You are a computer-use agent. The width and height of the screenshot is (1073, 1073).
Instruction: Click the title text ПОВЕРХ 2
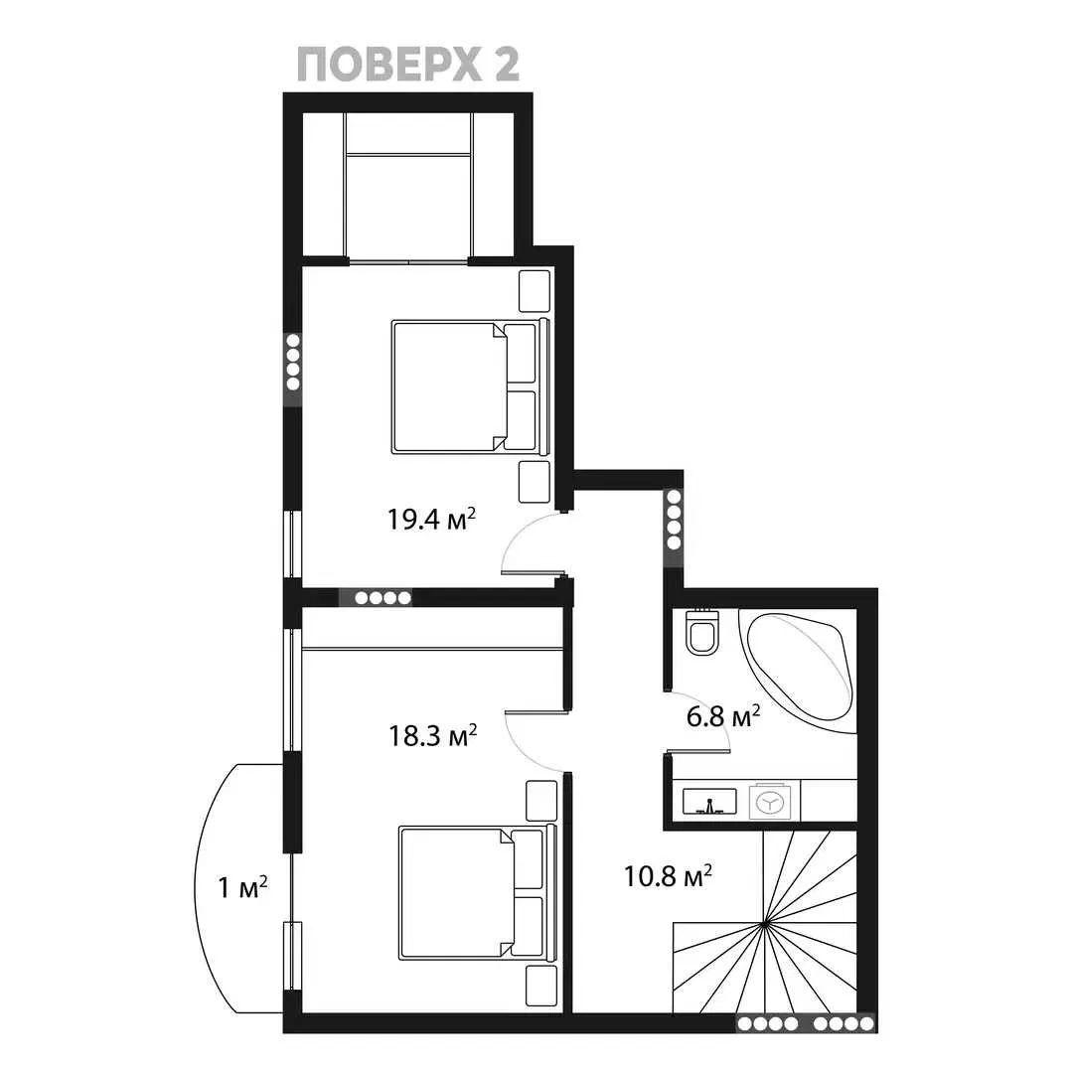408,66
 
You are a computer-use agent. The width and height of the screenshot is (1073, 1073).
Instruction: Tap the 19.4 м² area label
432,520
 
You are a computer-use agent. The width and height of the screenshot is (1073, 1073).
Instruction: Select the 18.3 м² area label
432,735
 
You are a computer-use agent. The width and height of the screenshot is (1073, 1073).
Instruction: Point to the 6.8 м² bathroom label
723,716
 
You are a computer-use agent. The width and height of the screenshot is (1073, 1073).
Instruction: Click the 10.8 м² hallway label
668,875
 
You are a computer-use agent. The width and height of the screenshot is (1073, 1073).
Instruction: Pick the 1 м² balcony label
242,887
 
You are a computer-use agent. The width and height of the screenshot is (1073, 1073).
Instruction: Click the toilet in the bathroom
702,631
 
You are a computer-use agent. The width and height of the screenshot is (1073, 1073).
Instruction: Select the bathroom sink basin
709,802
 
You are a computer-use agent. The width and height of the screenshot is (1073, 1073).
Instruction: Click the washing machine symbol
774,802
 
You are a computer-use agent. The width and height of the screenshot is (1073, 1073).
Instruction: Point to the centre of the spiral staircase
764,925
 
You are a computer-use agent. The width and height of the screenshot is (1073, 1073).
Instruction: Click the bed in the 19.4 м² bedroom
471,386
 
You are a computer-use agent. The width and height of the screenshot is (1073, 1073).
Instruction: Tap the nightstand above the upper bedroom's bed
535,291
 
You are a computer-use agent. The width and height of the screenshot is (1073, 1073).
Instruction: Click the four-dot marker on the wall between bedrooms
383,598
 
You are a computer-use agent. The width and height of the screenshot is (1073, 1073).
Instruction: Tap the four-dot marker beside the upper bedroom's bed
293,362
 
